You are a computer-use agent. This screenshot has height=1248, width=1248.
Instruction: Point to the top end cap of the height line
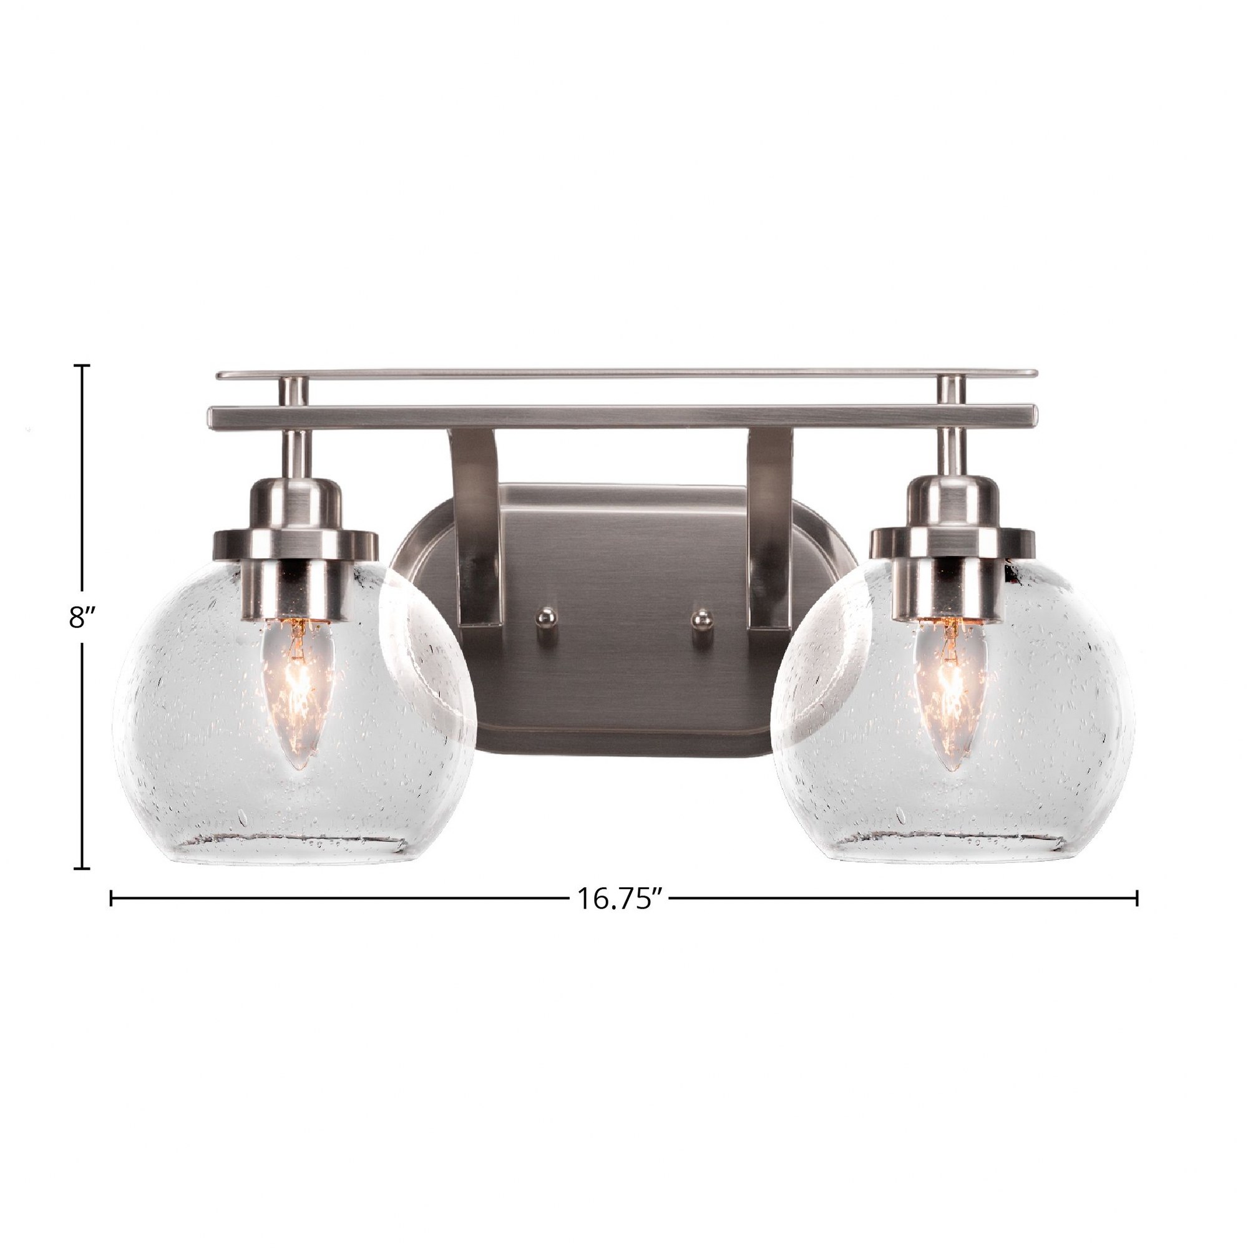tap(82, 366)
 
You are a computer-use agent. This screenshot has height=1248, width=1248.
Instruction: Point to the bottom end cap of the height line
tap(82, 868)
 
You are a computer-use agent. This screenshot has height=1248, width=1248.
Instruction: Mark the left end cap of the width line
tap(112, 898)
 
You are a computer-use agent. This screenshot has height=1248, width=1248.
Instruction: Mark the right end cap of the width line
tap(1136, 898)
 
